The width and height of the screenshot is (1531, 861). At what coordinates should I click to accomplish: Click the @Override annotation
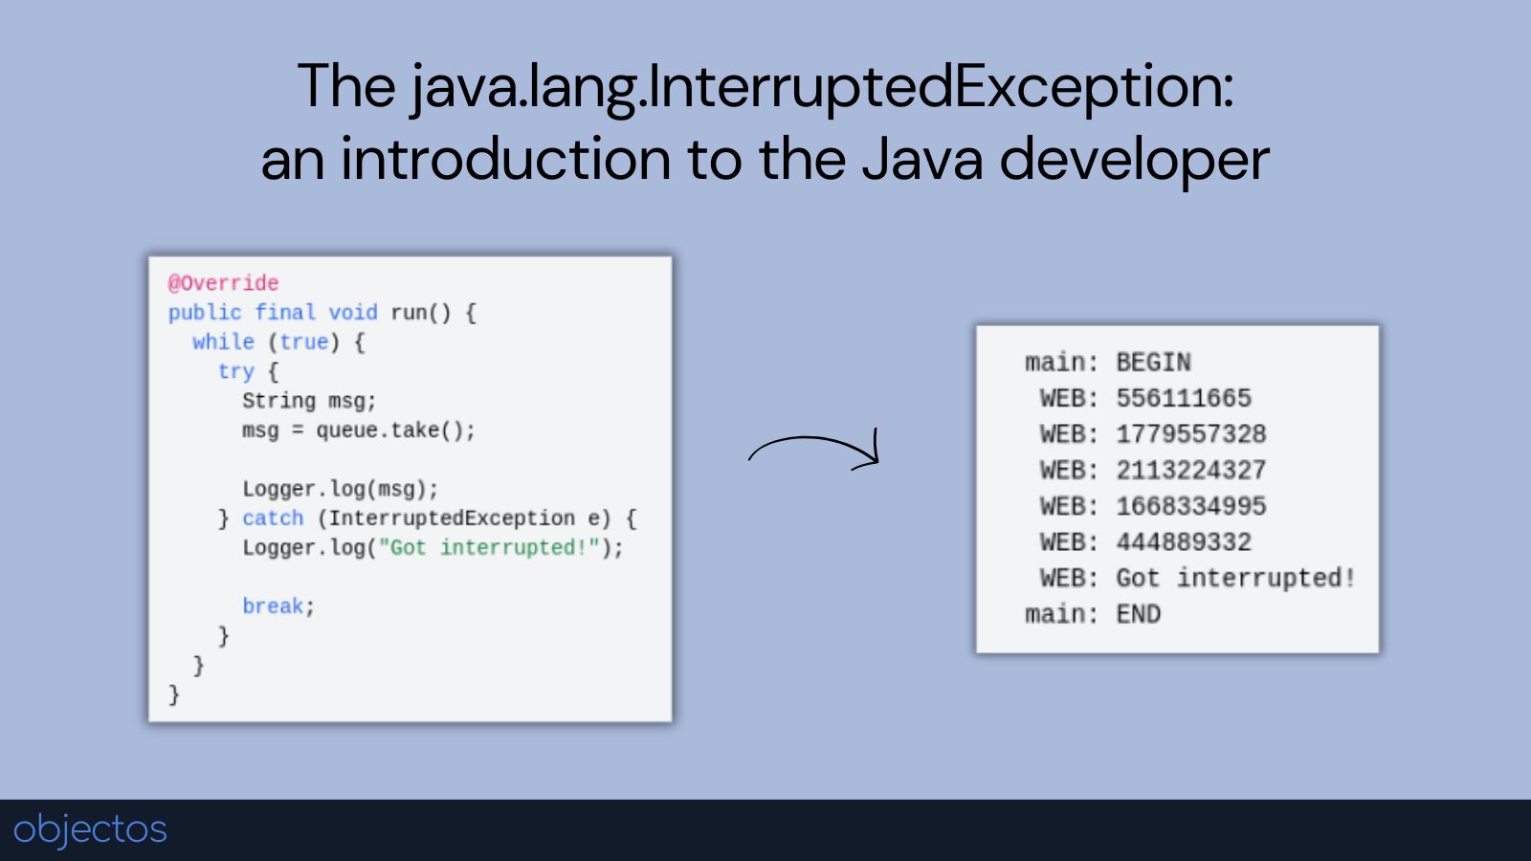tap(224, 283)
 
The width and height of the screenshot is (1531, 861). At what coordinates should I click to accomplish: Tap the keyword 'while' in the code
tap(223, 342)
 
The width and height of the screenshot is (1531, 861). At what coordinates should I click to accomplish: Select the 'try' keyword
tap(235, 371)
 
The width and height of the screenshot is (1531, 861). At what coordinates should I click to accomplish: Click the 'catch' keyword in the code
tap(273, 518)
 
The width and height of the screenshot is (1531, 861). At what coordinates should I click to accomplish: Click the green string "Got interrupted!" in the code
tap(489, 547)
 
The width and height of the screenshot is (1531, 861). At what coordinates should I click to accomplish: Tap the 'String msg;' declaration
tap(309, 401)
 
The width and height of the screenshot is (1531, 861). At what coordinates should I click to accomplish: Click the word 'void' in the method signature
tap(353, 312)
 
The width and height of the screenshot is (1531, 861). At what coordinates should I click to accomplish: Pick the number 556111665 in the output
tap(1184, 398)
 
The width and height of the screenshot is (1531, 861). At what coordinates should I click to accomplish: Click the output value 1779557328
tap(1191, 434)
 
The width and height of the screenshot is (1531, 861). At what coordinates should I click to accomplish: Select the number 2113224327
tap(1191, 470)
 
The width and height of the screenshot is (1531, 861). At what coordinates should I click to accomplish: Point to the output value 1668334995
tap(1191, 506)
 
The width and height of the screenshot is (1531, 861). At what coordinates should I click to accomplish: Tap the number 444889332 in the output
tap(1184, 542)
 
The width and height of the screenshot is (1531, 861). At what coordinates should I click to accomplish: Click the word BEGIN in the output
tap(1154, 363)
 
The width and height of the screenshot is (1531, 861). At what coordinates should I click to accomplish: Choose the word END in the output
tap(1139, 614)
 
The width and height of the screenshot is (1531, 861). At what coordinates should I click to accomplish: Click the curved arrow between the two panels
tap(813, 438)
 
